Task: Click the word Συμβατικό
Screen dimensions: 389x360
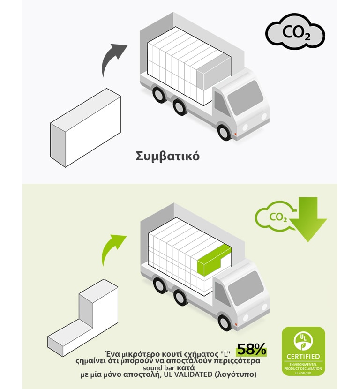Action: [167, 156]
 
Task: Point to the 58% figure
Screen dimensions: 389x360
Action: [251, 349]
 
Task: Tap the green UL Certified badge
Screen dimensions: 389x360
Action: [303, 351]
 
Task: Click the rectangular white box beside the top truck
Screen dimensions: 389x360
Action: [86, 127]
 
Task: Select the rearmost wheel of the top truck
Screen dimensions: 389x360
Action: [159, 95]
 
